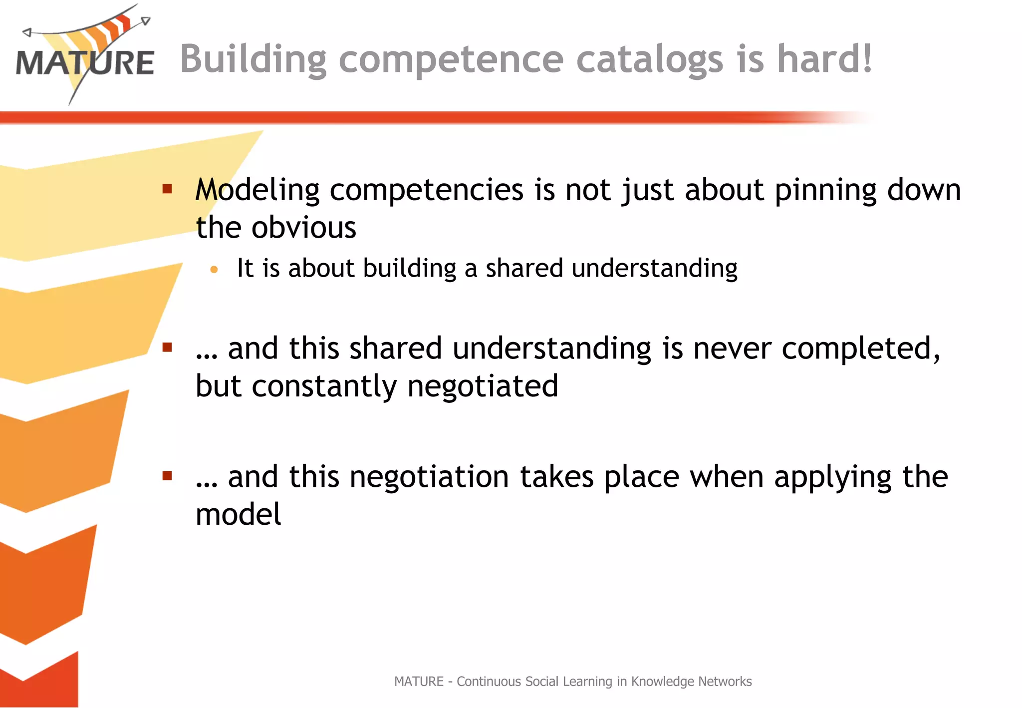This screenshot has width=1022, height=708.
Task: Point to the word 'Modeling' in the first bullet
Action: click(257, 190)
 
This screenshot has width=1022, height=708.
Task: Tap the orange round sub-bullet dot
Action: click(214, 270)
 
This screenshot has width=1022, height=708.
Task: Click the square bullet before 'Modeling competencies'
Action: click(167, 189)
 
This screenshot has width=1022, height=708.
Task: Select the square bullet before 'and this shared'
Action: click(167, 347)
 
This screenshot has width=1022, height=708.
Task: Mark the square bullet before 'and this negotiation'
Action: click(167, 476)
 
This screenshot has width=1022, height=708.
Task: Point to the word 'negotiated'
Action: click(483, 386)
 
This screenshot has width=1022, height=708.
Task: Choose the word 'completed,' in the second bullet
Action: click(861, 349)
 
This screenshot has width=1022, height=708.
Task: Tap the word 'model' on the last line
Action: click(238, 515)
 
